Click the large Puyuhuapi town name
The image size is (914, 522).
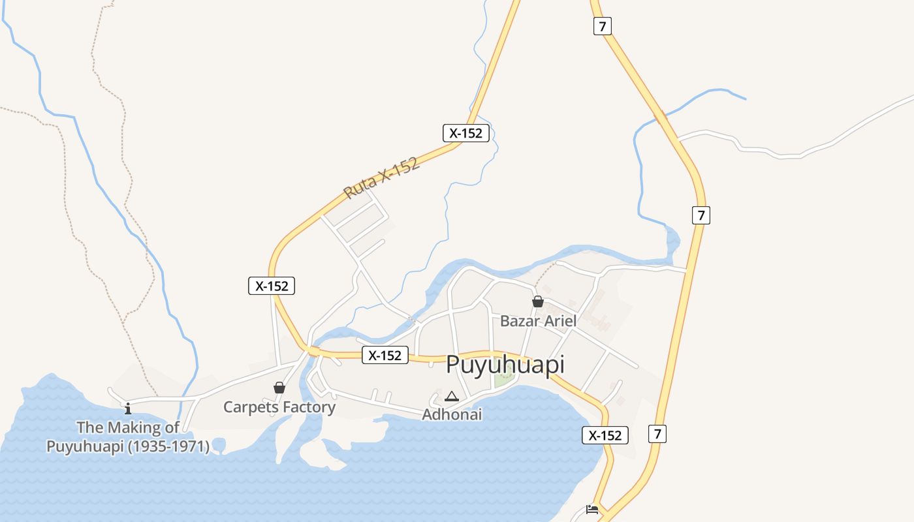pyautogui.click(x=505, y=365)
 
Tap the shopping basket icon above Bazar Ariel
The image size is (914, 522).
pyautogui.click(x=538, y=301)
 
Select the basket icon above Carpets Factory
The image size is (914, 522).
pyautogui.click(x=279, y=388)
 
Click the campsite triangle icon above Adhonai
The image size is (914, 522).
pyautogui.click(x=451, y=396)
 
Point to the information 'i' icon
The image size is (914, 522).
pyautogui.click(x=128, y=409)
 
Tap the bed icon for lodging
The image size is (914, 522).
pyautogui.click(x=592, y=509)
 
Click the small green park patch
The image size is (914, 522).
pyautogui.click(x=503, y=379)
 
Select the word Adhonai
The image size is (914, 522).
pyautogui.click(x=452, y=414)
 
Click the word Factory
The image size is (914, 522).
pyautogui.click(x=307, y=407)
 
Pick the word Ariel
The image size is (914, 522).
pyautogui.click(x=561, y=321)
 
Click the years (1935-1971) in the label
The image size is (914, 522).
pyautogui.click(x=168, y=447)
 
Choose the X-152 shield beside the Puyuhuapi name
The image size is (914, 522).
pyautogui.click(x=385, y=355)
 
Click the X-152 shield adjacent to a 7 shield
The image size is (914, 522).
pyautogui.click(x=605, y=435)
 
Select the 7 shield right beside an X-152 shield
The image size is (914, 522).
pyautogui.click(x=657, y=433)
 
